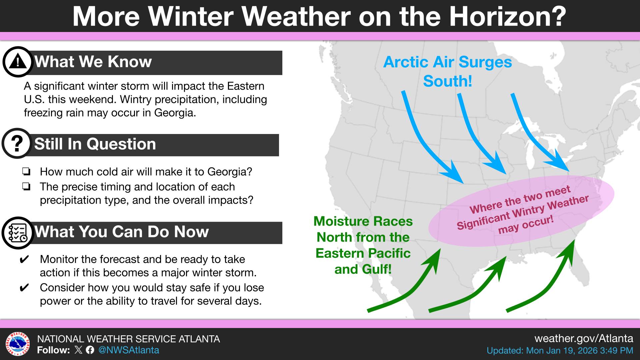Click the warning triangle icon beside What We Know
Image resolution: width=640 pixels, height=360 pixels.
point(18,62)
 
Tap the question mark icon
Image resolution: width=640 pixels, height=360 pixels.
point(17,143)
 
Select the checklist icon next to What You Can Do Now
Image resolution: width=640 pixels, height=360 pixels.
point(18,233)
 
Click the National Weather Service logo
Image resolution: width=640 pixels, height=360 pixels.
point(17,344)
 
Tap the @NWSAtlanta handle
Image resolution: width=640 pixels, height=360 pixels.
point(129,350)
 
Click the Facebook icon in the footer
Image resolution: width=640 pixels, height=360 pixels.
point(90,350)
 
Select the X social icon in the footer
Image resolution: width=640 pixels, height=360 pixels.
point(78,350)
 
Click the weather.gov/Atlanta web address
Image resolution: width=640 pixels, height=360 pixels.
point(583,339)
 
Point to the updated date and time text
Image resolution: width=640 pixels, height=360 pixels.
point(560,351)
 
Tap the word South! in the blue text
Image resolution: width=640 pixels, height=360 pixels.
point(447,81)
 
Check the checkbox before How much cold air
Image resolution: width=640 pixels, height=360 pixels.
point(26,172)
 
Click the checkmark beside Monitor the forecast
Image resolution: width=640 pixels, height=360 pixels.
point(24,259)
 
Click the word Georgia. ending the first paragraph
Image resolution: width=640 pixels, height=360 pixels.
point(175,113)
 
